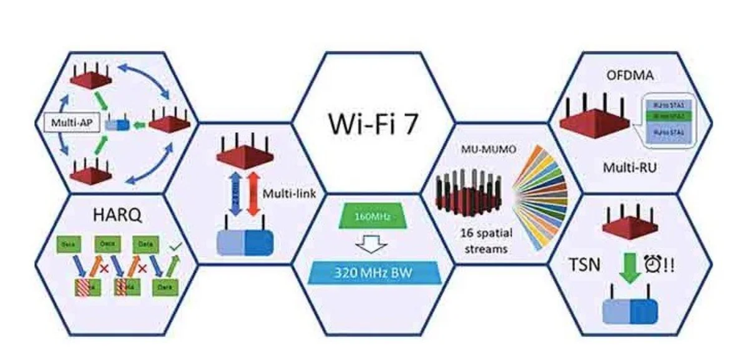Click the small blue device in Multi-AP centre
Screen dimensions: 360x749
(x=117, y=125)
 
